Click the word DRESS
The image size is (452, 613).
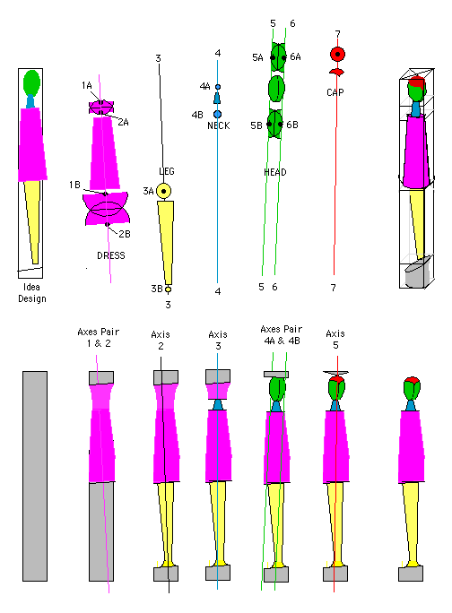point(111,255)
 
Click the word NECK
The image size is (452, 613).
point(219,125)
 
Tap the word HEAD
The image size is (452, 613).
point(275,172)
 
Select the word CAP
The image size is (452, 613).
point(335,92)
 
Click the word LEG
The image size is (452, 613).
point(167,171)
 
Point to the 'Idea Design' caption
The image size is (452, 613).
point(32,293)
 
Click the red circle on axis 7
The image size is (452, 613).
point(337,55)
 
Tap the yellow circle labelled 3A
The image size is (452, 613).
point(163,191)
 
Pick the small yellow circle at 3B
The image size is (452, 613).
point(168,289)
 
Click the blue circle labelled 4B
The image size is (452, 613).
point(218,114)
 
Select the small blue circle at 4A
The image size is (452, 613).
point(218,87)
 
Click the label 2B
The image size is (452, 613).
point(125,234)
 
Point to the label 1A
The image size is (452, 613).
point(86,86)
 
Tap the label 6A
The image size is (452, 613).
point(295,57)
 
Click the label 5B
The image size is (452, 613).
point(256,125)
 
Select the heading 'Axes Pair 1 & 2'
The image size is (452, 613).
point(99,337)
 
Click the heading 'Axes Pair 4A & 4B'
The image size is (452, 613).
point(282,335)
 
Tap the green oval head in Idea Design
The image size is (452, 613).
point(31,83)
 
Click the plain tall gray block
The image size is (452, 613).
point(35,476)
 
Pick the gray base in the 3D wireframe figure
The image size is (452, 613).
point(417,272)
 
